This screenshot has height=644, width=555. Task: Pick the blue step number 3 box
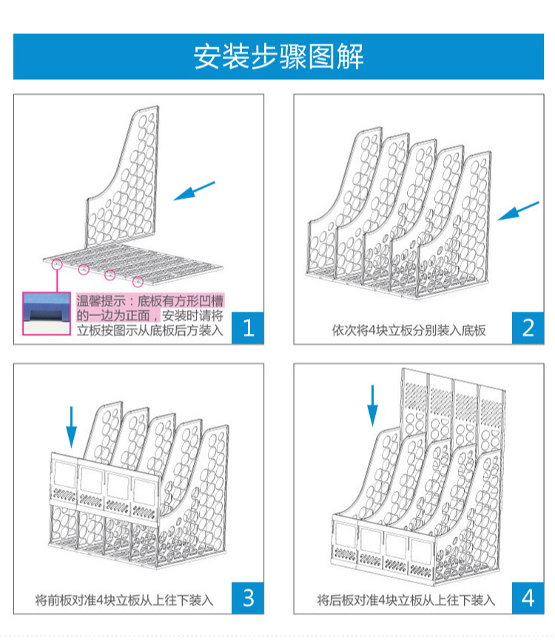[x=248, y=597]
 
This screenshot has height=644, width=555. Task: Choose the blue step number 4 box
[x=528, y=597]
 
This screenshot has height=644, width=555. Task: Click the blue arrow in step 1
[x=195, y=190]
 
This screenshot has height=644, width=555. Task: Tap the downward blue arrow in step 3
[x=71, y=426]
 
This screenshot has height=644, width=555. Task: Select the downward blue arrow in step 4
[x=373, y=406]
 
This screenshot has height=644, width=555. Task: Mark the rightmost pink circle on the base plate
[x=138, y=281]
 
